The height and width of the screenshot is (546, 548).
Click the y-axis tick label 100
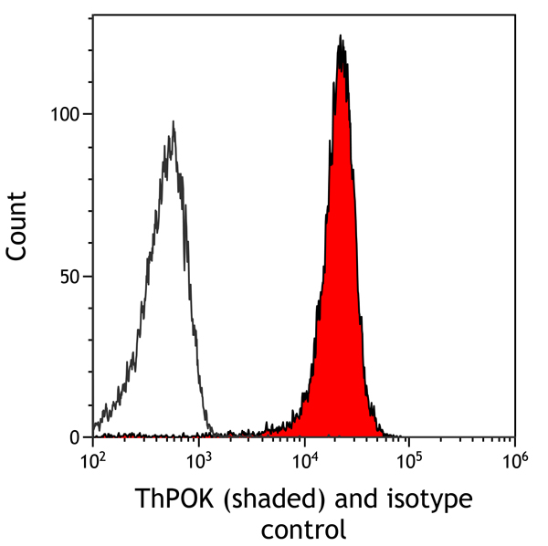[67, 114]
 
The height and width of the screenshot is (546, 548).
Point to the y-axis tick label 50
[71, 276]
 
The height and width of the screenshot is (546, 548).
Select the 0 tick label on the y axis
[77, 437]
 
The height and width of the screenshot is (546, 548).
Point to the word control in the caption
[303, 529]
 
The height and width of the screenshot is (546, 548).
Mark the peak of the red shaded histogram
[341, 38]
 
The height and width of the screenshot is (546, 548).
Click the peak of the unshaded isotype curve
[173, 122]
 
